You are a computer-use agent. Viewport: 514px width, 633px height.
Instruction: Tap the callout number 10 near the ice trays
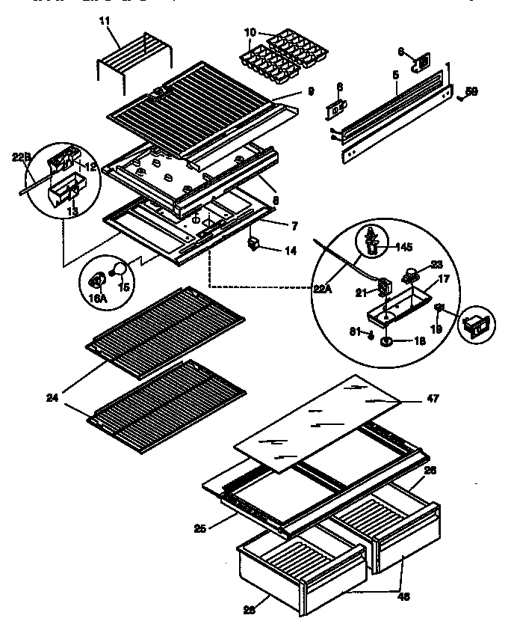click(x=250, y=32)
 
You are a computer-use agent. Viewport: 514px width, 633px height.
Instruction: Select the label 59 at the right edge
click(x=471, y=92)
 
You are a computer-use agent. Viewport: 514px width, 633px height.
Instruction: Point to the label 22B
click(x=20, y=157)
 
